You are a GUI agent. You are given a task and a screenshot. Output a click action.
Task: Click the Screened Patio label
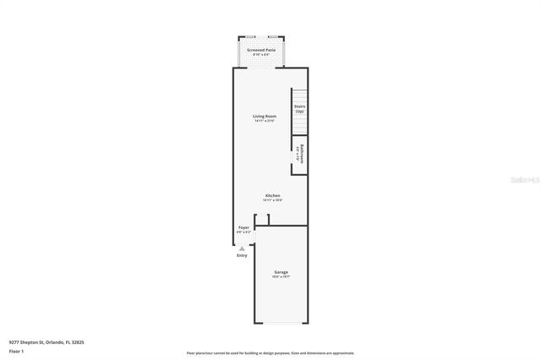tap(261, 50)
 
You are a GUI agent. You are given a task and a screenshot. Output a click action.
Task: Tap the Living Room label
tap(265, 116)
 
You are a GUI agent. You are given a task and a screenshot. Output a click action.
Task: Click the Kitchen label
tap(271, 195)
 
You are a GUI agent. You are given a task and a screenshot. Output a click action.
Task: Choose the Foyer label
tap(243, 226)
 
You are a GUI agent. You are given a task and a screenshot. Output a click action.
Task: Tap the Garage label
tap(281, 271)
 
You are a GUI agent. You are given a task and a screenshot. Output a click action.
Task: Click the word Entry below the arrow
tap(242, 255)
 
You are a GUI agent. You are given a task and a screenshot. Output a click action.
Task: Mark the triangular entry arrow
tap(242, 248)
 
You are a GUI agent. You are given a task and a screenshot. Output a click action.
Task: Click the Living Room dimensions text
tap(265, 121)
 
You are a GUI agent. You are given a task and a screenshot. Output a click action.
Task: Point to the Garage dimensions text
tap(281, 276)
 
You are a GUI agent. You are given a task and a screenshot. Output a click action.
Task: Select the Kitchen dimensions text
tap(271, 200)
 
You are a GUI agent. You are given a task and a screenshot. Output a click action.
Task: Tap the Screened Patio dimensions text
tap(261, 55)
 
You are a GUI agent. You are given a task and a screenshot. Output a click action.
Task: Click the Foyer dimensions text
tap(243, 232)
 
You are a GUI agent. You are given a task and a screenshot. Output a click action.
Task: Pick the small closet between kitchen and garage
tap(263, 221)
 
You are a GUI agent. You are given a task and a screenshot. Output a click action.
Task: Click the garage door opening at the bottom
tap(281, 323)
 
